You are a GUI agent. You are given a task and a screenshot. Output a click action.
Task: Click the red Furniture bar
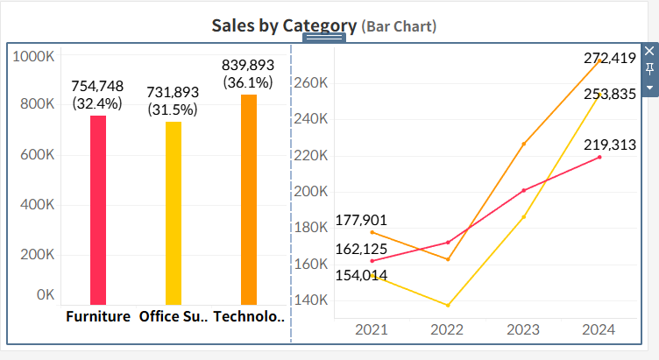pyautogui.click(x=98, y=210)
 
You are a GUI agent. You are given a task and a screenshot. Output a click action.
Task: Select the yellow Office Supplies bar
pyautogui.click(x=174, y=213)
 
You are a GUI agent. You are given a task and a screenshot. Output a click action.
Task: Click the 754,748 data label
pyautogui.click(x=97, y=86)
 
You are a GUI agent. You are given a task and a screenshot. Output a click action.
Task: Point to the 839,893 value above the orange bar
pyautogui.click(x=248, y=65)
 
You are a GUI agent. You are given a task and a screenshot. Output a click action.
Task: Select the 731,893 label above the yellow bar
pyautogui.click(x=173, y=92)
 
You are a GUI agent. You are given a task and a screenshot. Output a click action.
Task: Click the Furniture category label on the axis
pyautogui.click(x=98, y=316)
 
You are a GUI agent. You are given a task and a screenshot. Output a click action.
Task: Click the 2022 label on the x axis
pyautogui.click(x=448, y=329)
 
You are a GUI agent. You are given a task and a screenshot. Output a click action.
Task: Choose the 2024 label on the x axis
pyautogui.click(x=599, y=329)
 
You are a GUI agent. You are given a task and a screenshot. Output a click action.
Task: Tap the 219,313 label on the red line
pyautogui.click(x=610, y=145)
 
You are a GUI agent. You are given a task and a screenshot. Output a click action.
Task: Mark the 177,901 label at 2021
pyautogui.click(x=360, y=220)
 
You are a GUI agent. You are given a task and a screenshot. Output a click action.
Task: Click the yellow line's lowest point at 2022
pyautogui.click(x=448, y=305)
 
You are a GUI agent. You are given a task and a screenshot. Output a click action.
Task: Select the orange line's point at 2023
pyautogui.click(x=524, y=144)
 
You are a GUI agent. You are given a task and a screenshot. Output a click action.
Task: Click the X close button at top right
pyautogui.click(x=649, y=52)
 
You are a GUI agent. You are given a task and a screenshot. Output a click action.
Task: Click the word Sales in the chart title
pyautogui.click(x=232, y=25)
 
